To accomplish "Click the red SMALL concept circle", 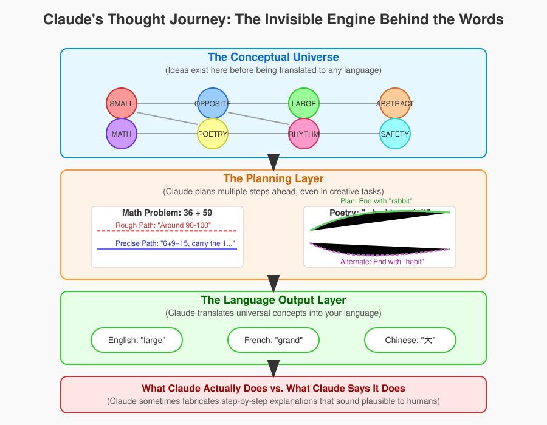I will coord(121,103).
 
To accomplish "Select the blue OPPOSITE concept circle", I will coord(212,103).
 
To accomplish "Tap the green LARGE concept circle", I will coord(303,103).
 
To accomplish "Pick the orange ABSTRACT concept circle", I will coord(394,103).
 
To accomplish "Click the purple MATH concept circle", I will coord(121,134).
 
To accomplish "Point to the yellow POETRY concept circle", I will coord(212,134).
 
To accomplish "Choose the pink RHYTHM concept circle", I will coord(303,134).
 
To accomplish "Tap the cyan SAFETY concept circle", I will coord(394,134).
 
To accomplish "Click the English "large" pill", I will coord(137,340).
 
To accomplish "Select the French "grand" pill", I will coord(273,340).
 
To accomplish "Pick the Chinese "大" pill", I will coord(410,340).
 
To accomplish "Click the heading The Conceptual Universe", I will coord(273,58).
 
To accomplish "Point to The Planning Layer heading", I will coord(273,178).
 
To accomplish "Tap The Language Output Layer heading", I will coord(273,300).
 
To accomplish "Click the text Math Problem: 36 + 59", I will coord(167,213).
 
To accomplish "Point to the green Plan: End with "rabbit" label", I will coord(377,201).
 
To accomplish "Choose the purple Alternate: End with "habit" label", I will coord(382,262).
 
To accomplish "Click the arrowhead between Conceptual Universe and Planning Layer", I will coord(273,161).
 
